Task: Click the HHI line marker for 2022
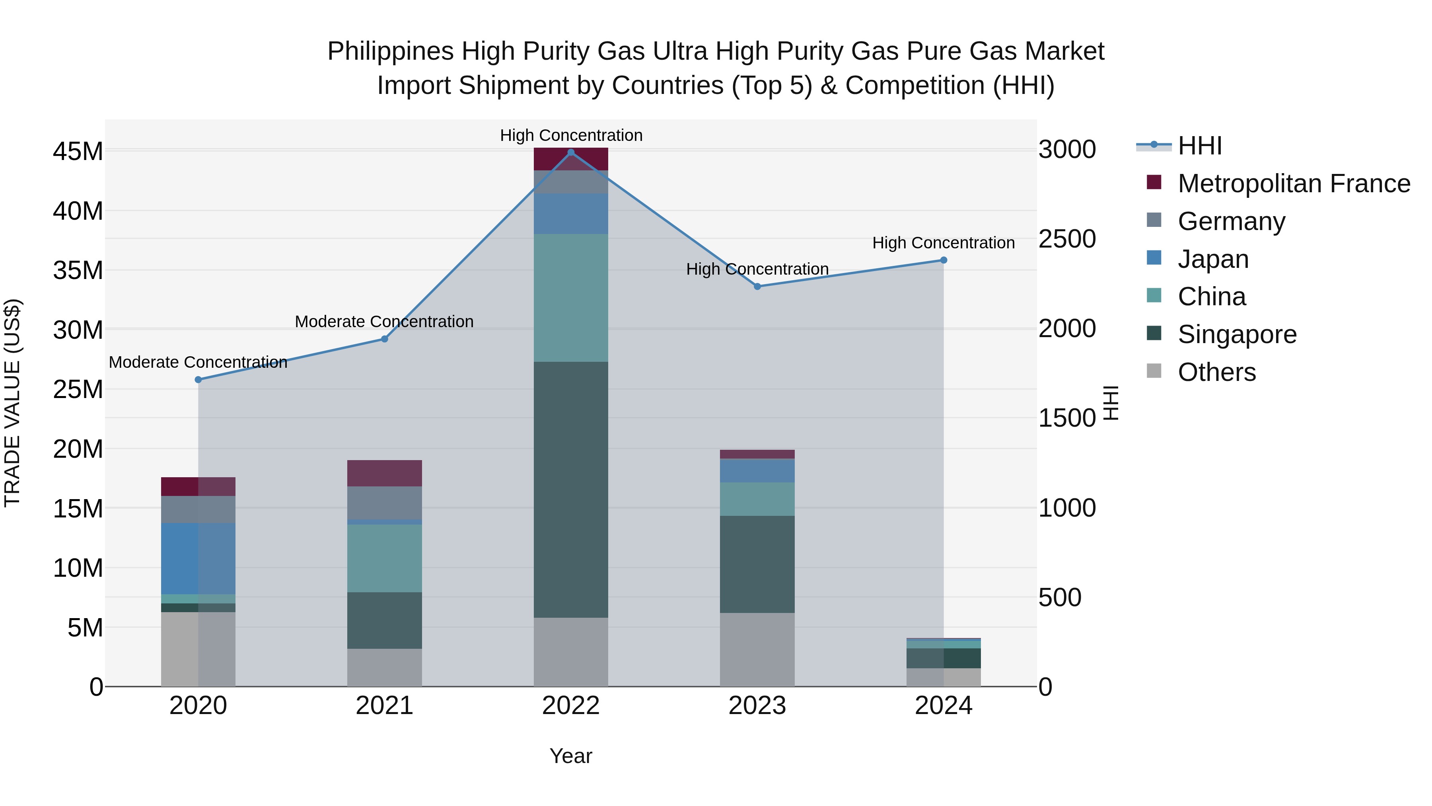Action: click(x=570, y=152)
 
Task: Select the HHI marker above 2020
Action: click(x=198, y=379)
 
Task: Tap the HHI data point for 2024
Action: click(x=944, y=260)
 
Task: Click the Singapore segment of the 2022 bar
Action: click(x=570, y=490)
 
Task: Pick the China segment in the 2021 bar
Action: click(x=384, y=558)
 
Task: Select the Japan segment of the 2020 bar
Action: click(x=198, y=558)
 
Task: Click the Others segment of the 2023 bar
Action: click(x=757, y=649)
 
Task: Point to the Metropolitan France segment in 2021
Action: click(x=384, y=473)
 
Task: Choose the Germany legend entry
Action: click(x=1231, y=221)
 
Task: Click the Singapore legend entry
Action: click(x=1236, y=334)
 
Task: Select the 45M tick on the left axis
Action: click(x=78, y=151)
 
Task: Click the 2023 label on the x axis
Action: click(x=757, y=706)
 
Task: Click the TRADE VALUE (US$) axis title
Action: click(x=12, y=403)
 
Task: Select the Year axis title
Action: click(x=570, y=756)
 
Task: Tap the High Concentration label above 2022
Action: click(x=570, y=135)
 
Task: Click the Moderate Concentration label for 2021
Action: click(x=384, y=322)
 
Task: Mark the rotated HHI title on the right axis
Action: click(x=1111, y=403)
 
